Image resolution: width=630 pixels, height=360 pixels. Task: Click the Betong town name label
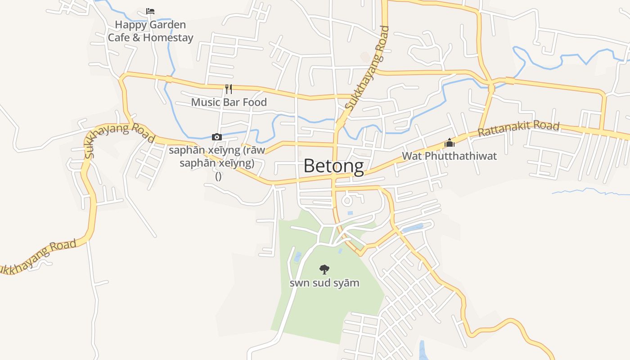(333, 166)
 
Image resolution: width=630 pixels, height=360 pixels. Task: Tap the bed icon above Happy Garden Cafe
(150, 11)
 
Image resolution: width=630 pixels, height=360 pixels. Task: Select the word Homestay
(168, 38)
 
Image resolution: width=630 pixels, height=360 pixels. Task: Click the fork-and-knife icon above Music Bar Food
(229, 89)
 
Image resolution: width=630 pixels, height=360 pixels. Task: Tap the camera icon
(217, 137)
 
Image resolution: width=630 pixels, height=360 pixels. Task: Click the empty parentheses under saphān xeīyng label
(218, 176)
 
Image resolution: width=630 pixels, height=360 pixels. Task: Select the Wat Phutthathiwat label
(449, 156)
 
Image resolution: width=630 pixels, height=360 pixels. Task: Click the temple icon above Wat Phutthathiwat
(449, 143)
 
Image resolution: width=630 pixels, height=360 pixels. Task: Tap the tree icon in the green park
(324, 270)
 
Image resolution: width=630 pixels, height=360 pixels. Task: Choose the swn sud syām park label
(324, 283)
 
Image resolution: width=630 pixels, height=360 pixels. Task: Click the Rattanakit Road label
(518, 129)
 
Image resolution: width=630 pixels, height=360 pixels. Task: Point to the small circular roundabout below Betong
(347, 200)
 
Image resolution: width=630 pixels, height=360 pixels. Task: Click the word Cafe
(119, 38)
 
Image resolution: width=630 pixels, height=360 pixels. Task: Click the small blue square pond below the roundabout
(350, 213)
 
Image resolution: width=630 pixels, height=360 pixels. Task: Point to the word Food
(255, 102)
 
